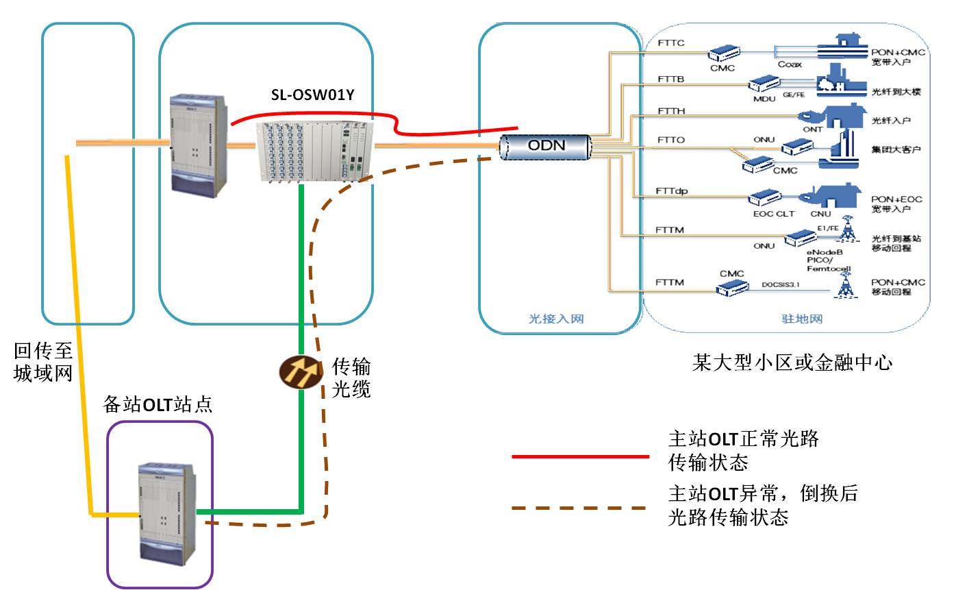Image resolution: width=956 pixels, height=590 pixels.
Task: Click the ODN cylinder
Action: click(x=545, y=147)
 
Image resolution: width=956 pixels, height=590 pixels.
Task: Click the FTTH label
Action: click(x=672, y=110)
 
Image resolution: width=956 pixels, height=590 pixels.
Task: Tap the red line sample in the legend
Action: click(x=579, y=455)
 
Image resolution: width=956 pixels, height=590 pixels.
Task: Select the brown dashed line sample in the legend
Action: click(x=579, y=508)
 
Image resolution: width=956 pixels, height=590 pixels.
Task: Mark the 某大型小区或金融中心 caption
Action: click(x=792, y=362)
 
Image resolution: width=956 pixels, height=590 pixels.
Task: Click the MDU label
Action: click(x=762, y=99)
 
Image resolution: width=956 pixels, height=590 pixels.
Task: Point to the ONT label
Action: click(x=813, y=127)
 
